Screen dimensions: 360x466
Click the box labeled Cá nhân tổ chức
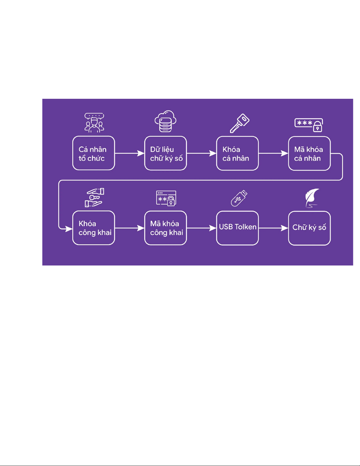(94, 153)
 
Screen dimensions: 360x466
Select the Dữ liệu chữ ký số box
(166, 153)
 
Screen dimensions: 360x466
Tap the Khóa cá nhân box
(237, 153)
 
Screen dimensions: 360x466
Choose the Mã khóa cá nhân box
(309, 153)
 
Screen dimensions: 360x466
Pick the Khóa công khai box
(94, 228)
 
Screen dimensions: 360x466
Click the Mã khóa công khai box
(166, 228)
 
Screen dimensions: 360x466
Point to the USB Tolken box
(237, 228)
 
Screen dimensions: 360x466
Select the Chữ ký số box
(309, 228)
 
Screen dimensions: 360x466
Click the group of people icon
(94, 123)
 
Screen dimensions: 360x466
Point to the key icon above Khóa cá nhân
(240, 123)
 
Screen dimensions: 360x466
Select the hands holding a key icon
(95, 198)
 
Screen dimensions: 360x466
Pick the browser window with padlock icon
(166, 198)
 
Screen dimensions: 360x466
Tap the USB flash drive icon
(239, 198)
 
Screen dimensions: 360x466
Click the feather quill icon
(312, 198)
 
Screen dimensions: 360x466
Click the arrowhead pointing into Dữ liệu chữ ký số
(141, 153)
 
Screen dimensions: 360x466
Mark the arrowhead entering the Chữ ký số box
(284, 228)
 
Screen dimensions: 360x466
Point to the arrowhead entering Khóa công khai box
(69, 229)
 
